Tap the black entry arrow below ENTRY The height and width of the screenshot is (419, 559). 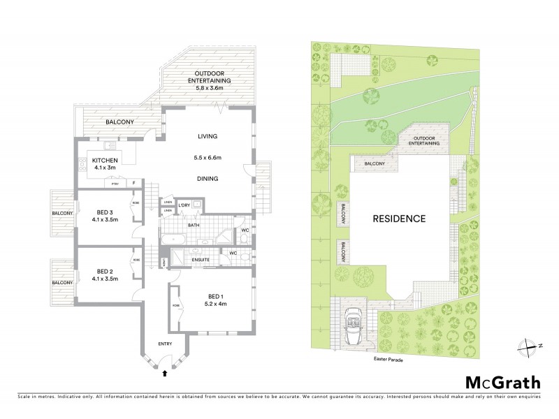pos(165,374)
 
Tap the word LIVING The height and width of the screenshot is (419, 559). pos(208,135)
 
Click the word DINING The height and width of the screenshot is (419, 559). pos(208,179)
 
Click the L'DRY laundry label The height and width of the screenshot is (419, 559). pos(185,205)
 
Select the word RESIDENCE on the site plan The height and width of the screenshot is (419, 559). pos(398,219)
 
